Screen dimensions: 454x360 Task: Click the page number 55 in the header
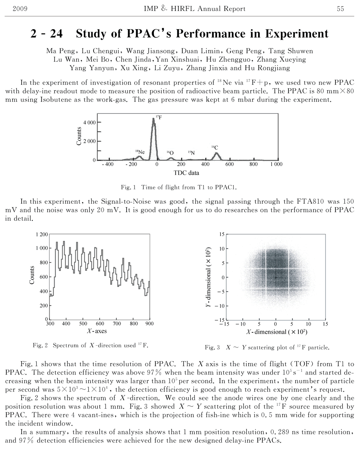tap(340, 9)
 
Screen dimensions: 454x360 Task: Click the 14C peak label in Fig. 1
tap(214, 148)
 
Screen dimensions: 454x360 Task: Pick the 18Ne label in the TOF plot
tap(140, 152)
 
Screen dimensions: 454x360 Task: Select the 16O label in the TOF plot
tap(170, 153)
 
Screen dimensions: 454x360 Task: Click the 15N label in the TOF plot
tap(191, 153)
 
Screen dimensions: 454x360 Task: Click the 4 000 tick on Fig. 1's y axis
tap(89, 122)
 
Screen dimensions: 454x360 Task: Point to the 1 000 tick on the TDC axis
tap(277, 165)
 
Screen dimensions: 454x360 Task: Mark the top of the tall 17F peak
tap(153, 119)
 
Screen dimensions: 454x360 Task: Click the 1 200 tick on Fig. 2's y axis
tap(42, 235)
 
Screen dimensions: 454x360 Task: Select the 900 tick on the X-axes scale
tap(149, 324)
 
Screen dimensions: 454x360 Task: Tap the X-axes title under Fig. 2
tap(97, 331)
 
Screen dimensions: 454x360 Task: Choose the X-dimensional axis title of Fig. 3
tap(277, 332)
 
